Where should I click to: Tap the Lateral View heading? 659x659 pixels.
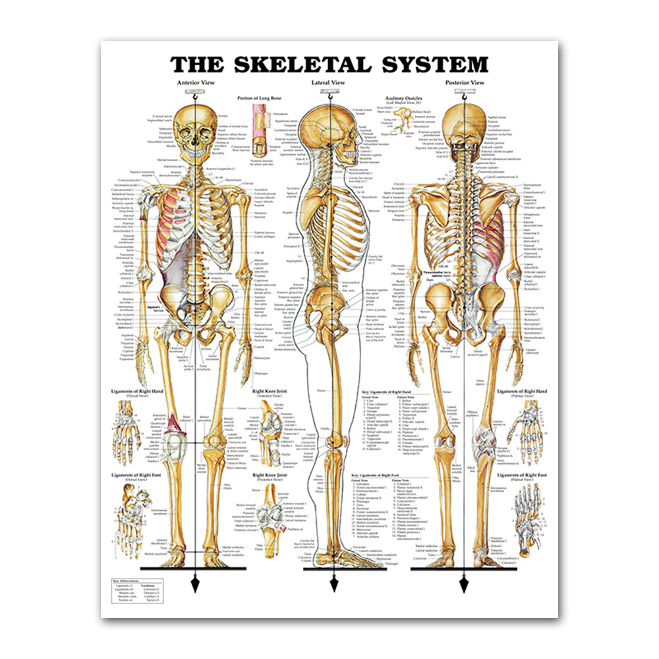click(328, 82)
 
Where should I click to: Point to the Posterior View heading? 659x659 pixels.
click(464, 82)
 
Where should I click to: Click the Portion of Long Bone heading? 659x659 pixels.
click(260, 98)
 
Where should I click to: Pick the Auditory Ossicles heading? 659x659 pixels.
click(405, 98)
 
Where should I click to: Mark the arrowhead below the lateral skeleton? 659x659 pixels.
click(333, 584)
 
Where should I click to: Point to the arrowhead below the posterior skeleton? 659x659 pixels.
click(465, 584)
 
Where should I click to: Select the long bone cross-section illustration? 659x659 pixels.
click(259, 129)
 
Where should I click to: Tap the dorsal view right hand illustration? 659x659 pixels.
click(129, 438)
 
